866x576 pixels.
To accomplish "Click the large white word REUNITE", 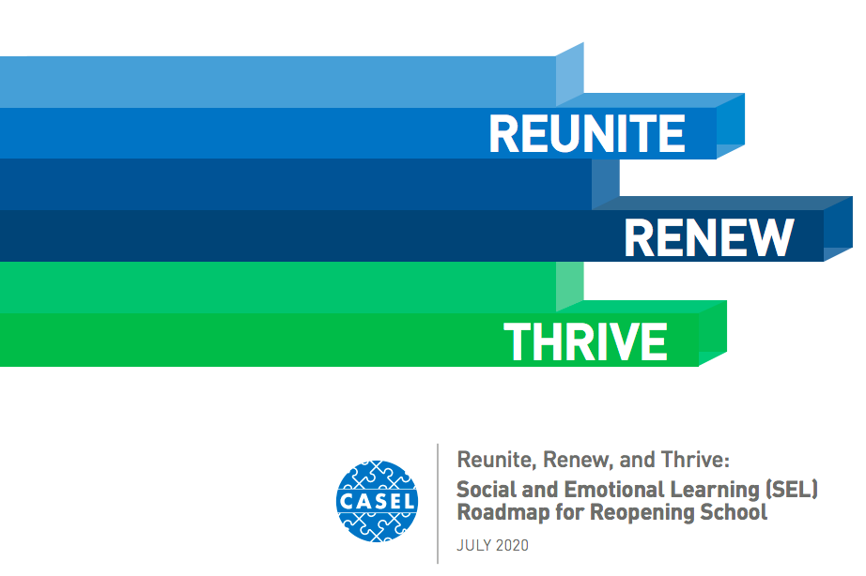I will tap(587, 134).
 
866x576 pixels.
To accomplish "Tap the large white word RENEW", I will tap(709, 237).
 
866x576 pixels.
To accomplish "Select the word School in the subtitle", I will tap(733, 513).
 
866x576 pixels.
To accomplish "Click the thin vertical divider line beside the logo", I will tap(438, 503).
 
